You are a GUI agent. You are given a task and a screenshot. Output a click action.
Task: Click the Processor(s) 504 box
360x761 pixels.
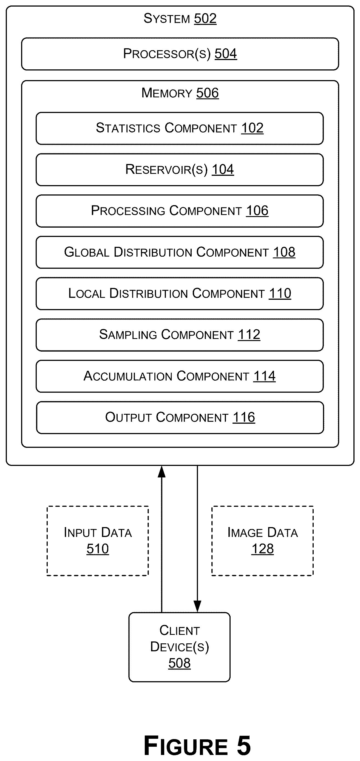coord(180,54)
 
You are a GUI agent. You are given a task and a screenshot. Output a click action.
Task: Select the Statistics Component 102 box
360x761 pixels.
coord(180,128)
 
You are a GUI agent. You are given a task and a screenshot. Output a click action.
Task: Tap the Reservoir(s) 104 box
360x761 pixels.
coord(180,169)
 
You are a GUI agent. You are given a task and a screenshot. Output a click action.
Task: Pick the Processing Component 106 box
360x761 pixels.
coord(180,211)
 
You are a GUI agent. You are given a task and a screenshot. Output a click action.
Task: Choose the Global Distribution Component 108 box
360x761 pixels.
coord(180,252)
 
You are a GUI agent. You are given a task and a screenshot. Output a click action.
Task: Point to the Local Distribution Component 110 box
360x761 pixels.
coord(180,294)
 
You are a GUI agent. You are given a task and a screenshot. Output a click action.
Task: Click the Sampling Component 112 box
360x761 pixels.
coord(180,335)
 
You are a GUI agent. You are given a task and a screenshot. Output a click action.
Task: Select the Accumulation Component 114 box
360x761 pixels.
coord(180,376)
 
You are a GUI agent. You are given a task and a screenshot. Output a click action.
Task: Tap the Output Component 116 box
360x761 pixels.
coord(180,417)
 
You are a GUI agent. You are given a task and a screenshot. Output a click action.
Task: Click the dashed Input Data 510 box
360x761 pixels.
coord(97,541)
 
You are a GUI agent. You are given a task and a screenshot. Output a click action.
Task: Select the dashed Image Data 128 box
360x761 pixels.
coord(262,541)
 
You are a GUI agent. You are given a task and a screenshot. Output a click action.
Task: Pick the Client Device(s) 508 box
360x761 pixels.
coord(179,647)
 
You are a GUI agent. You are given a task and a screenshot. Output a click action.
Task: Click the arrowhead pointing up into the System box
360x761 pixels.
coord(161,472)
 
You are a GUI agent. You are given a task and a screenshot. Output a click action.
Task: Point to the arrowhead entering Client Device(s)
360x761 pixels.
coord(197,607)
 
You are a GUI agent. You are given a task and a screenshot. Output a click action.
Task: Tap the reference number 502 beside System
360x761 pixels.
coord(205,19)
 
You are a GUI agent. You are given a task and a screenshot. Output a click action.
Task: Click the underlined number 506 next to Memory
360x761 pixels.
coord(207,93)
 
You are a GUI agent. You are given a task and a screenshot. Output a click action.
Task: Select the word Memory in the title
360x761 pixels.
coord(167,93)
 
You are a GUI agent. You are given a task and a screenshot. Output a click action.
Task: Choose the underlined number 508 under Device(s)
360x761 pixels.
coord(179,663)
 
